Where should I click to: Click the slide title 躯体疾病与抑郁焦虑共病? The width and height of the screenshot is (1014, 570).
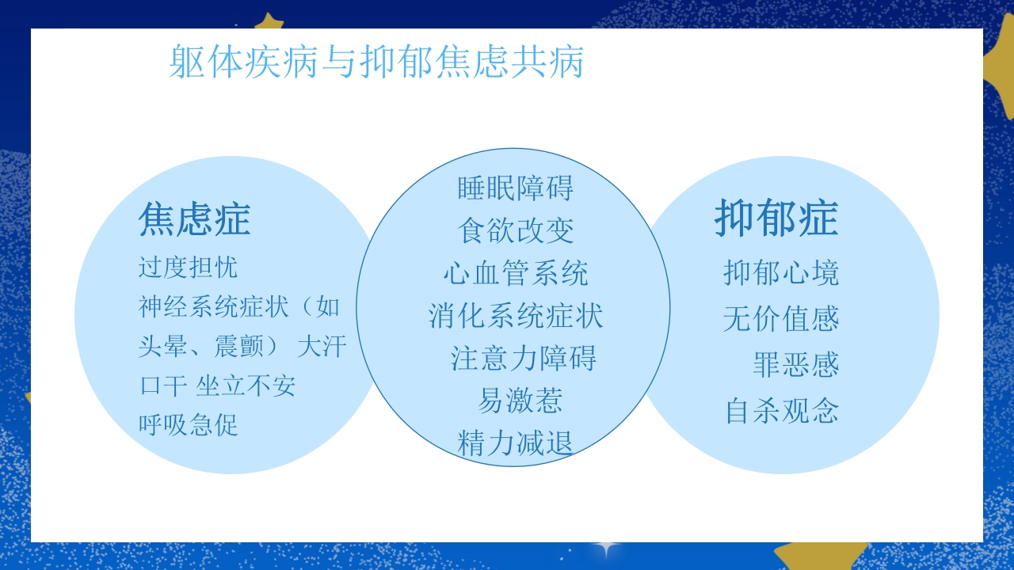point(376,63)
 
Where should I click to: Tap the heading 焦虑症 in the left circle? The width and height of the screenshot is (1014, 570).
point(194,219)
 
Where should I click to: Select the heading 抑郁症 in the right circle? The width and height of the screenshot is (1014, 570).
point(776,218)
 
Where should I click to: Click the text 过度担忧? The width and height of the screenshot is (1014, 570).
point(188,268)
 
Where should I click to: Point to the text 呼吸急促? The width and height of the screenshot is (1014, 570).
point(188,425)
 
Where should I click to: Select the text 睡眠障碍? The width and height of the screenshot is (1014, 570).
point(515,188)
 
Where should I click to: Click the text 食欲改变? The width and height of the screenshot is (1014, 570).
point(515,231)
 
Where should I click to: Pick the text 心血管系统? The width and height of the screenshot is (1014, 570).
point(515,274)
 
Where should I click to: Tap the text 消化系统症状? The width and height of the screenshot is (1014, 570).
point(515,316)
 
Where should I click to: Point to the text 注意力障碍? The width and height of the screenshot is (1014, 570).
point(523,358)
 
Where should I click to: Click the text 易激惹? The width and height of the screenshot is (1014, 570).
point(520,401)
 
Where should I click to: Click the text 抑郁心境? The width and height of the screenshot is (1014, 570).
point(781,273)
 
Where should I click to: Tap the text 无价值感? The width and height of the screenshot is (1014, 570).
point(781,320)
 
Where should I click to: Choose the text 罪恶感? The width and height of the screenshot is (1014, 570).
point(795,366)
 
